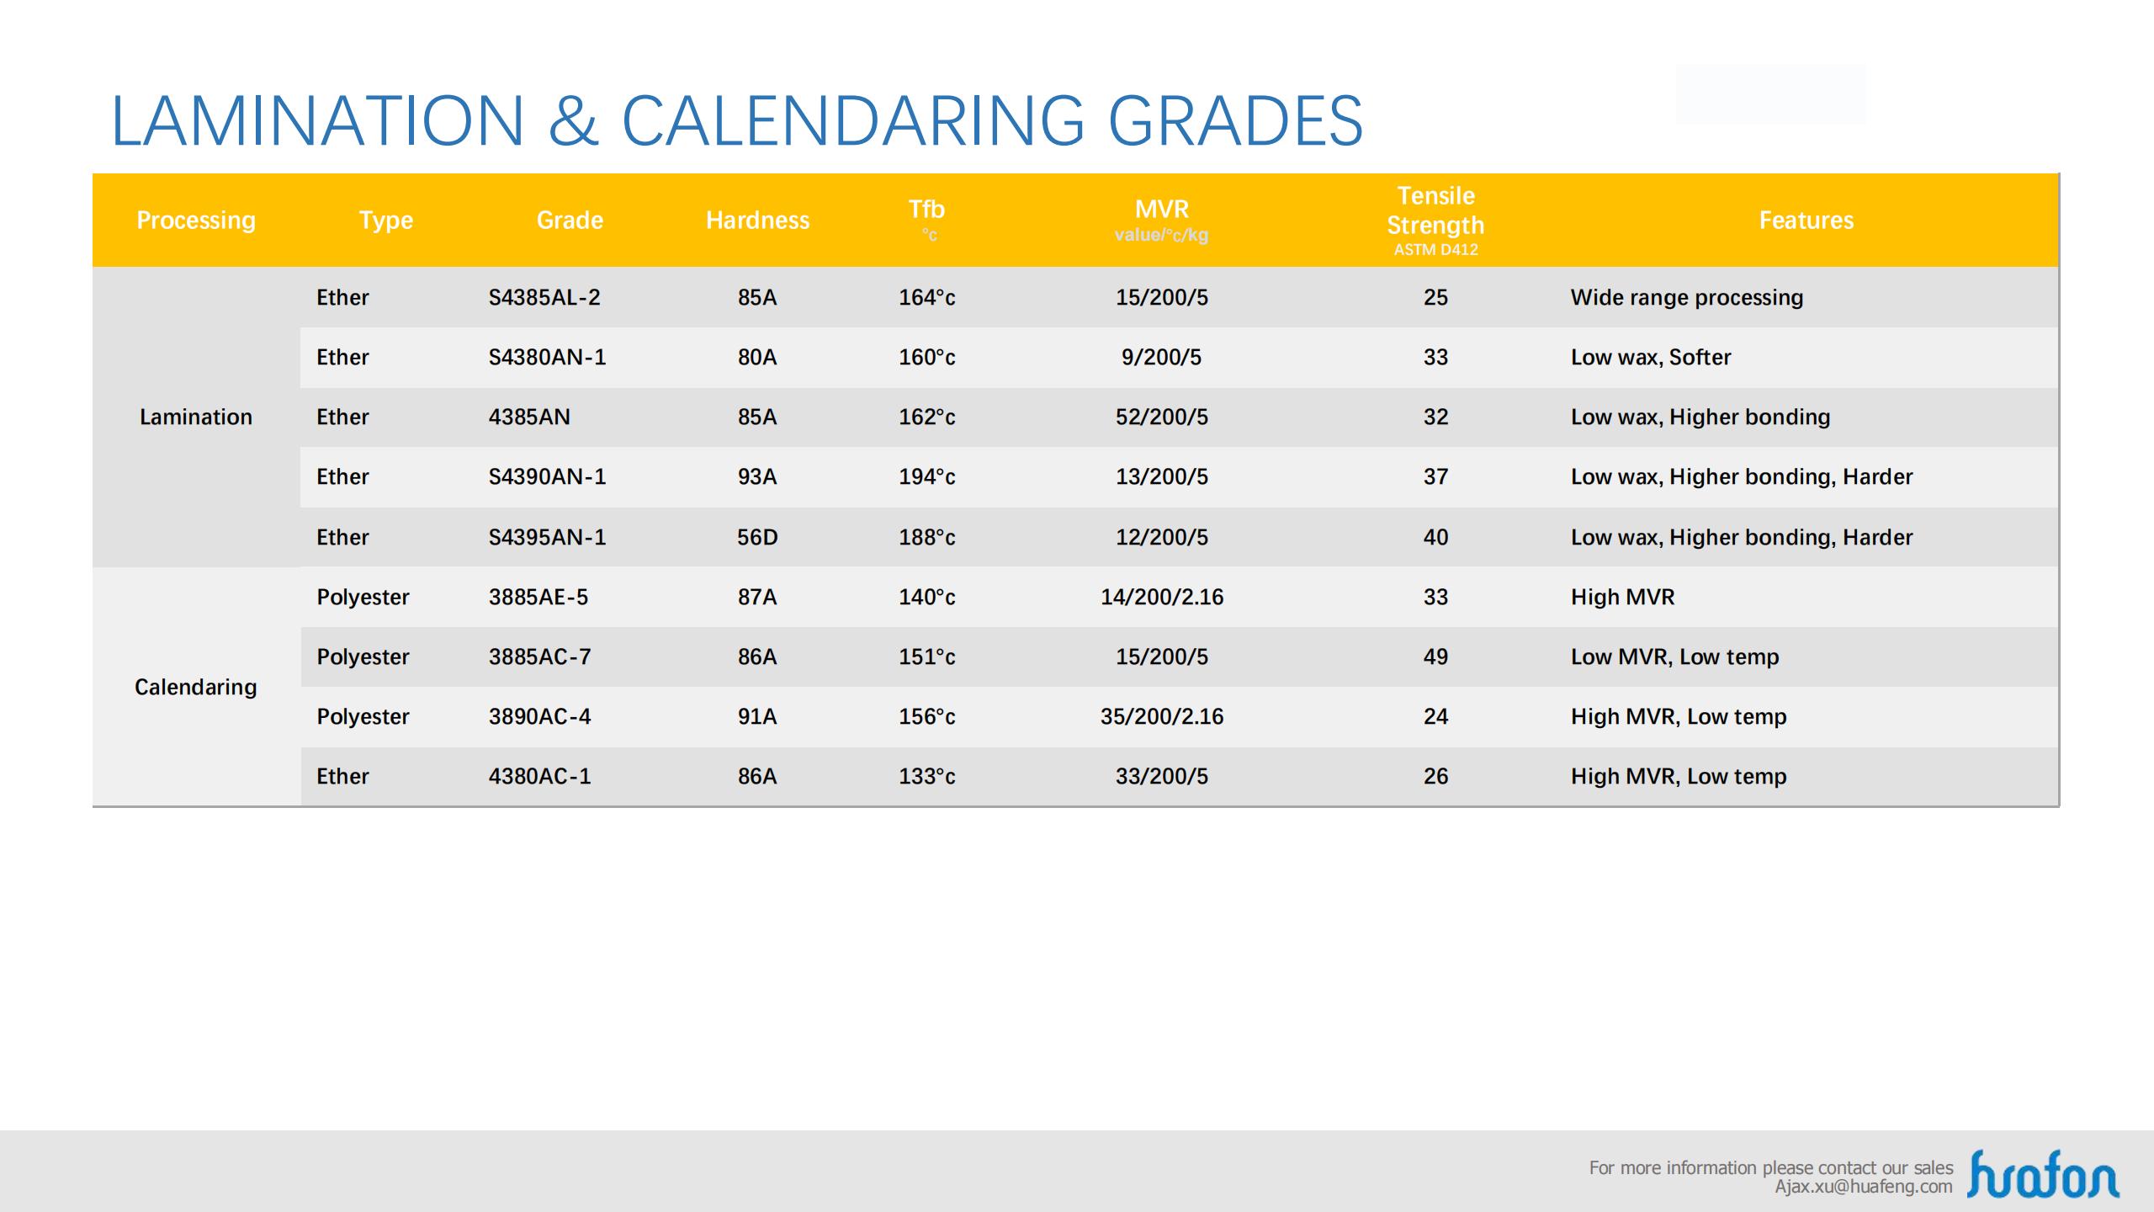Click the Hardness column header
(757, 221)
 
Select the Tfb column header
(926, 210)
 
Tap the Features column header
(1806, 221)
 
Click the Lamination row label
(195, 417)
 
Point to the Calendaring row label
(195, 688)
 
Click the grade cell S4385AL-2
(544, 298)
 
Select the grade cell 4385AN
(529, 417)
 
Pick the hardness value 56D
(757, 538)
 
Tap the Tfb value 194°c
(926, 477)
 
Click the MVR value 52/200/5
(1161, 417)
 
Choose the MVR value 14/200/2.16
(1161, 598)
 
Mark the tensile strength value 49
(1435, 657)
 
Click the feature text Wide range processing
(1686, 298)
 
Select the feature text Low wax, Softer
(1650, 358)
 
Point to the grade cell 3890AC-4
(539, 717)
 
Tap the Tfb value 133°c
(926, 777)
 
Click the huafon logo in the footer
(2042, 1174)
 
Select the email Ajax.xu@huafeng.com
(1863, 1187)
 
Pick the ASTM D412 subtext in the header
(1435, 250)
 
